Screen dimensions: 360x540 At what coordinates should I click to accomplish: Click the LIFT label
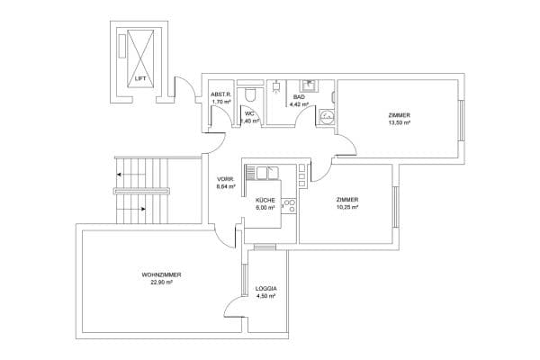(139, 79)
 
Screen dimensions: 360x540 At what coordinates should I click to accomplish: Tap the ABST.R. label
(221, 94)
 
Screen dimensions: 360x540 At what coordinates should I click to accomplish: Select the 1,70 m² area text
(221, 103)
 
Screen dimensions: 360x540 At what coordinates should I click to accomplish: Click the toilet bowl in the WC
(255, 93)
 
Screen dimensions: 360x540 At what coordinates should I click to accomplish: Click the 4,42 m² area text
(299, 104)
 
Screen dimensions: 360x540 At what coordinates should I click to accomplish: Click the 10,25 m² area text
(347, 208)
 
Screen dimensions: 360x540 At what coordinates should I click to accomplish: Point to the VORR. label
(226, 178)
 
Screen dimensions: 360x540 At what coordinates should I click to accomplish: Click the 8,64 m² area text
(226, 187)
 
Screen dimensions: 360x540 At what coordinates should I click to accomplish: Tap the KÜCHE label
(265, 199)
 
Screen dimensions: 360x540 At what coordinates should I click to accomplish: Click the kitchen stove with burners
(289, 208)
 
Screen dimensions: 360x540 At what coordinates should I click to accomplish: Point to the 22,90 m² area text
(161, 282)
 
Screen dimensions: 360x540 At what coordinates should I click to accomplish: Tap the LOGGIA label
(266, 288)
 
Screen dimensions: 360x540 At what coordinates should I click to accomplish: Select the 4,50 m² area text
(266, 296)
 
